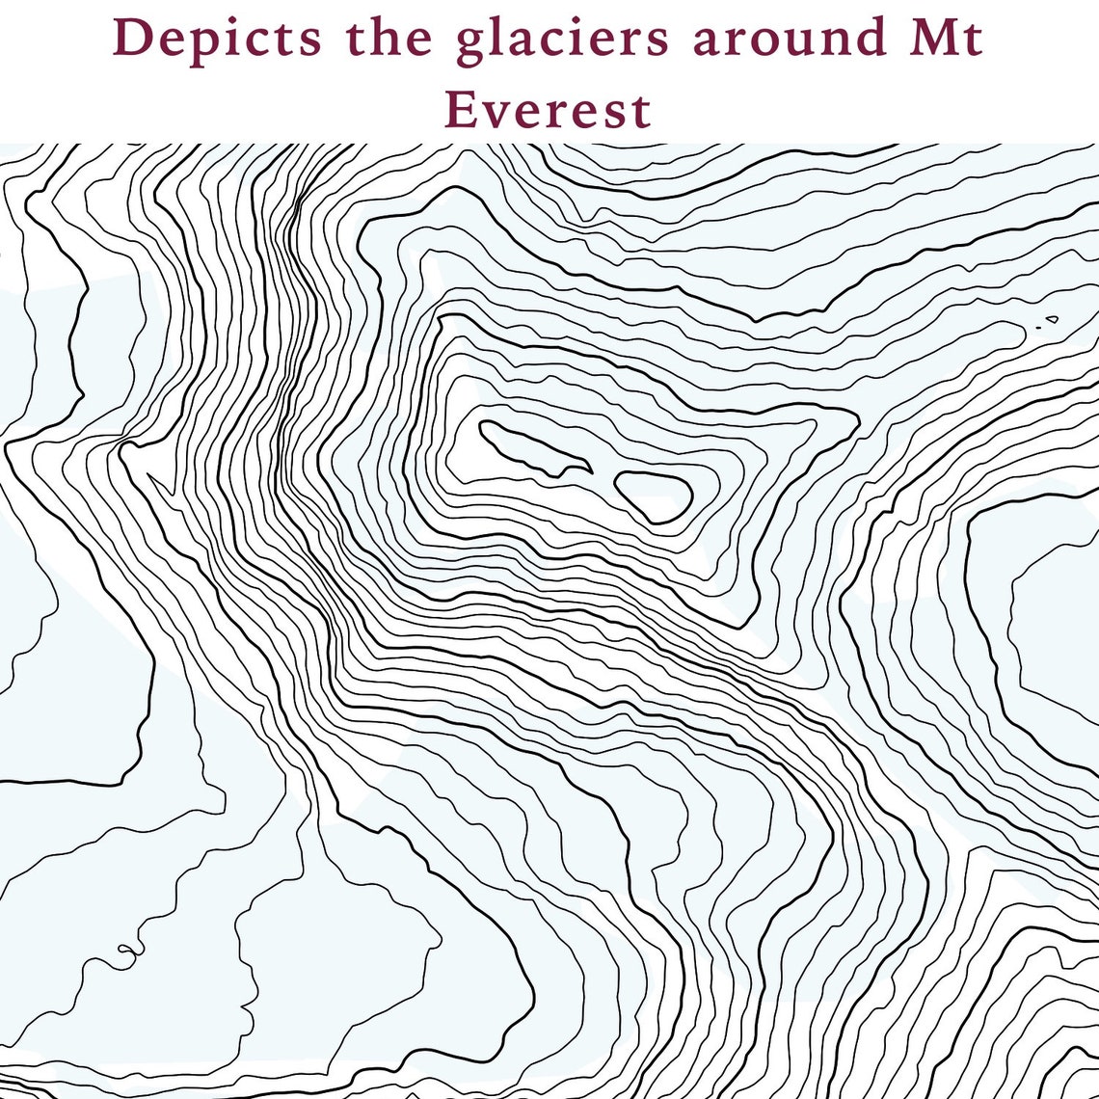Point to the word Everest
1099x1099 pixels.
pos(548,109)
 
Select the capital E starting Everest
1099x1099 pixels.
pos(460,109)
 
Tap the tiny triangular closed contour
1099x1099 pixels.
pos(1052,319)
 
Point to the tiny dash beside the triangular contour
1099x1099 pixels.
pos(1038,328)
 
